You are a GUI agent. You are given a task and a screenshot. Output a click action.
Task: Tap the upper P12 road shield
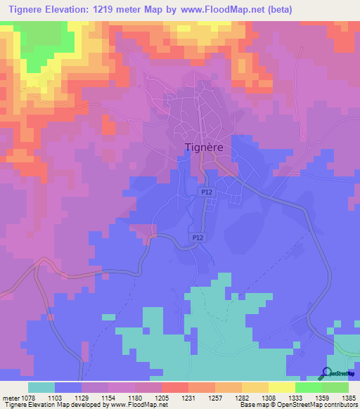pos(205,191)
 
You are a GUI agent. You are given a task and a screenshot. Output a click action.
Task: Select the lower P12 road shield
pos(199,238)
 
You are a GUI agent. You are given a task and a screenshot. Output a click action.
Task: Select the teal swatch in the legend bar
pos(41,387)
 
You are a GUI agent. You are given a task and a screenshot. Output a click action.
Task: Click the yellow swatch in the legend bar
pos(281,387)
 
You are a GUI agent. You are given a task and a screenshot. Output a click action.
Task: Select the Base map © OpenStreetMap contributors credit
pos(298,405)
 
